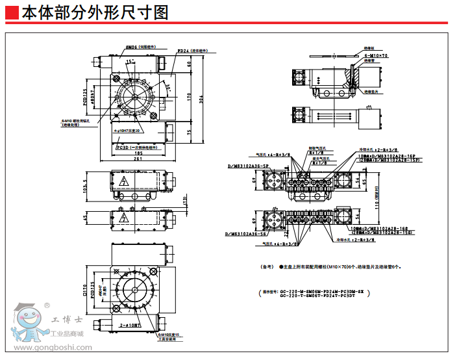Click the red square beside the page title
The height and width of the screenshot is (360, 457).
coord(12,12)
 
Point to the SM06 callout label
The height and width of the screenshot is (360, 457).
coord(130,47)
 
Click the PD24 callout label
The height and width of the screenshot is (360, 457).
coord(183,50)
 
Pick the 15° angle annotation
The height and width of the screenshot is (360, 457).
coord(129,61)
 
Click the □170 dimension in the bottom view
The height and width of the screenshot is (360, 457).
coord(85,289)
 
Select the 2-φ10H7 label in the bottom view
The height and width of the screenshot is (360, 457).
coord(130,323)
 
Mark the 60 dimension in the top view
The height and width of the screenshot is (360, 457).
coord(190,64)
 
